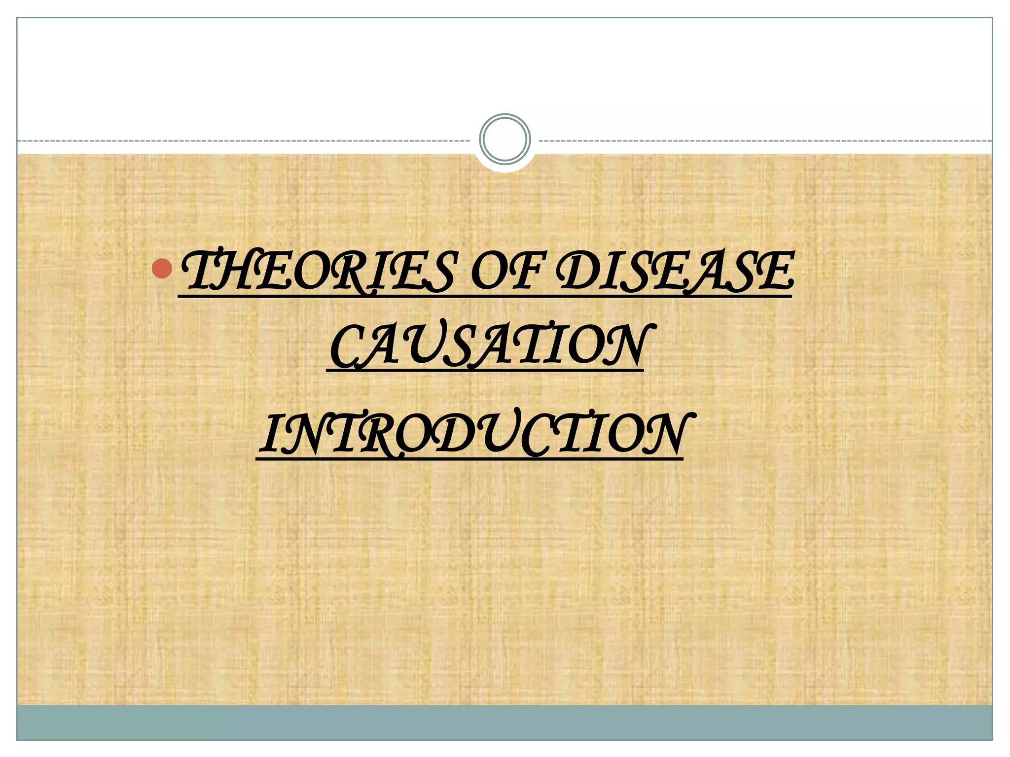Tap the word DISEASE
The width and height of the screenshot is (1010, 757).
[674, 272]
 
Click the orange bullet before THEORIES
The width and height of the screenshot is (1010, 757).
[162, 269]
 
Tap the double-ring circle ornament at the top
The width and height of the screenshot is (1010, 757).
[505, 139]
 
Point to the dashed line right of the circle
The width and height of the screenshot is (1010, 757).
[764, 141]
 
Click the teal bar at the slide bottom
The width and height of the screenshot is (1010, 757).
[505, 723]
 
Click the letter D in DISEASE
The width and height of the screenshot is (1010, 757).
[577, 272]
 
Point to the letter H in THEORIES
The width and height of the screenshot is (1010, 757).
[232, 272]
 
